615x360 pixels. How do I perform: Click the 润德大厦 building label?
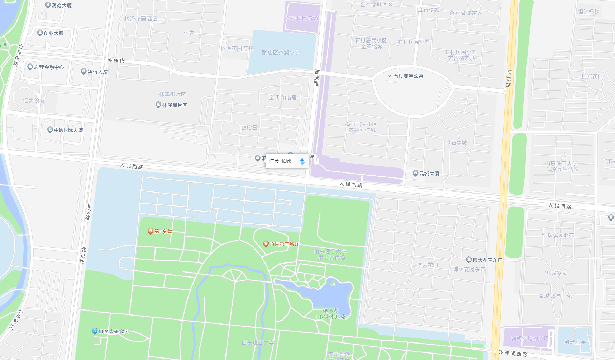(61, 5)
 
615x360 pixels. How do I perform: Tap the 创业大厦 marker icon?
(40, 33)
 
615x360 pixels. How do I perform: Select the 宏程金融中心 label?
(49, 67)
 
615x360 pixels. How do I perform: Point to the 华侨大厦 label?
(97, 72)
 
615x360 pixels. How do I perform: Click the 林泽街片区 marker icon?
(158, 105)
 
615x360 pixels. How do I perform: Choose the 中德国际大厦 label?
(68, 130)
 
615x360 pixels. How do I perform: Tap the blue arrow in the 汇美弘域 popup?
(302, 161)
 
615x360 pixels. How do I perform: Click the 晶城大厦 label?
(429, 174)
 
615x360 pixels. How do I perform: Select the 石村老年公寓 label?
(408, 76)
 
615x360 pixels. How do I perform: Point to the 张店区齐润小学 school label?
(281, 52)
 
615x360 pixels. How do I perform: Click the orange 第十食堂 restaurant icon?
(151, 231)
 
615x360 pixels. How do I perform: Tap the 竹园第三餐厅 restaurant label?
(285, 244)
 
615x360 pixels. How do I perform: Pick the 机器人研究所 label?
(114, 331)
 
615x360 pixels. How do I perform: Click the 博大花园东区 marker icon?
(469, 260)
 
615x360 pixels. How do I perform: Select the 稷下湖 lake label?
(330, 311)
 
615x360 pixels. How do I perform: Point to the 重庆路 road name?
(316, 77)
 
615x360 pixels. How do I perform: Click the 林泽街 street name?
(116, 60)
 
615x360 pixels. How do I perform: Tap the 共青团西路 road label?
(512, 353)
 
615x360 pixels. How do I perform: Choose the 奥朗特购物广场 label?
(530, 338)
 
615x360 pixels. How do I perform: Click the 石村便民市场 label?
(301, 18)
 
